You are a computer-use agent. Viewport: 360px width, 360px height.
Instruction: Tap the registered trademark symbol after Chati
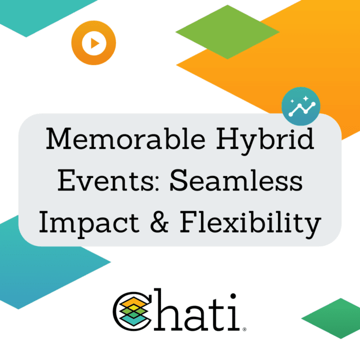243,330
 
